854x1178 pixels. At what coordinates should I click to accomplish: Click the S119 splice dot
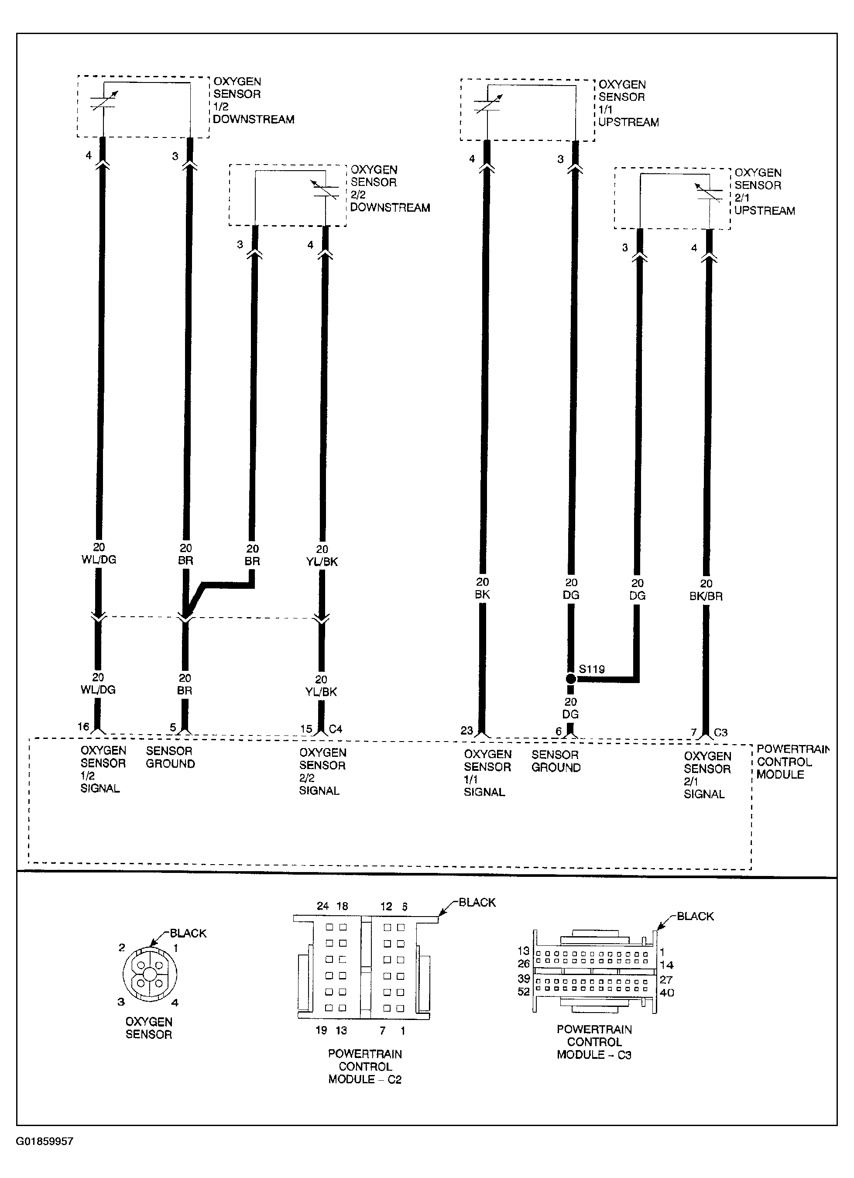pos(571,679)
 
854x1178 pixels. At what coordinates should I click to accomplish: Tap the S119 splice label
pos(592,669)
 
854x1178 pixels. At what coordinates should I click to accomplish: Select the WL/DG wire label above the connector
pos(99,560)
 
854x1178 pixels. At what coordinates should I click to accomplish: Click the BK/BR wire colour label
pos(706,596)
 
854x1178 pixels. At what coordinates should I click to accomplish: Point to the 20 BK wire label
pos(483,588)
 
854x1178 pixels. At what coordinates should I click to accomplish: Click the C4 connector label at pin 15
pos(336,729)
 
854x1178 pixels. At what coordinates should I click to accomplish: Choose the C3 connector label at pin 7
pos(721,732)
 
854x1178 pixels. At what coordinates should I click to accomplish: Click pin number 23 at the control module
pos(466,730)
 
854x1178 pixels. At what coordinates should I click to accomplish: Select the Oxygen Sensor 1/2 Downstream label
pos(253,100)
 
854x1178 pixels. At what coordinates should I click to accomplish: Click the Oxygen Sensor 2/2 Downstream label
pos(390,189)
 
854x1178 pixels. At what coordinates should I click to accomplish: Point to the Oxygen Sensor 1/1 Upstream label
pos(628,103)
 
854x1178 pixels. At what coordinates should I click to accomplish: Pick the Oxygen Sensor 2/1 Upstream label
pos(764,192)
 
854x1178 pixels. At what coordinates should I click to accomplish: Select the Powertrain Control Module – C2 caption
pos(365,1066)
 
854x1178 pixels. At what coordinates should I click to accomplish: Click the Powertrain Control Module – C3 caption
pos(594,1042)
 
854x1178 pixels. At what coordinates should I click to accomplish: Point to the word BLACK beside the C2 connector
pos(477,902)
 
